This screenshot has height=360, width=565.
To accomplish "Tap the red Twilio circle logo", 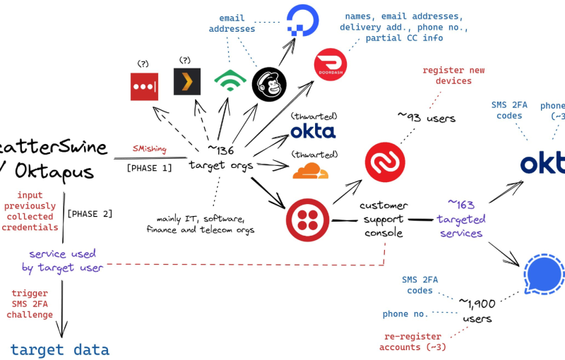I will pos(307,221).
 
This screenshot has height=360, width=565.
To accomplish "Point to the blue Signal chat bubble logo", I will pos(545,272).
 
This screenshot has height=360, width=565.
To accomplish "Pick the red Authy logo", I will pos(385,162).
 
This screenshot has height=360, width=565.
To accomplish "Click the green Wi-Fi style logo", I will pos(230,84).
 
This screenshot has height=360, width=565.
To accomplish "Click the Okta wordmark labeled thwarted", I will pos(313,131).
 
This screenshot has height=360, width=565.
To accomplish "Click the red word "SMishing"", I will pos(150,149).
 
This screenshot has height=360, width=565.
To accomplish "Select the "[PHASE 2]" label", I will pos(89,213).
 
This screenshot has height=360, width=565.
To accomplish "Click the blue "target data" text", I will pos(60,349).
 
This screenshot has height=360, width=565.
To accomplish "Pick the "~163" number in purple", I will pos(463,205).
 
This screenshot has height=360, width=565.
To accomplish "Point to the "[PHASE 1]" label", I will pos(149,168).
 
